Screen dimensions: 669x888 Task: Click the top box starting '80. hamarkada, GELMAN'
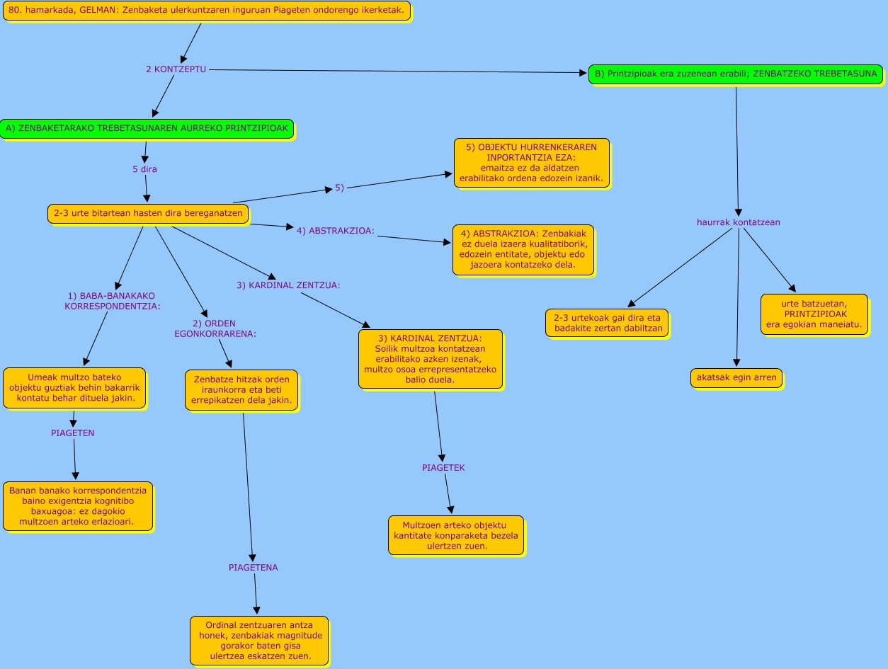point(206,11)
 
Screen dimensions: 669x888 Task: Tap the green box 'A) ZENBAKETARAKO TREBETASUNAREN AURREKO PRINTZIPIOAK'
point(147,129)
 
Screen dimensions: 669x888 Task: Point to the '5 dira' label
point(144,169)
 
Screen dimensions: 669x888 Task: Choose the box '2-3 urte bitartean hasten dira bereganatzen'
point(148,213)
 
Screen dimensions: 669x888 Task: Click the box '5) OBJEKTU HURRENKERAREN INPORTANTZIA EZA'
point(531,163)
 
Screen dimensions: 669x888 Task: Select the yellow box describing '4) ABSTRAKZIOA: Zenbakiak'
point(523,250)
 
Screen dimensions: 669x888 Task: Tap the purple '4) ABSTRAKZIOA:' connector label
point(335,230)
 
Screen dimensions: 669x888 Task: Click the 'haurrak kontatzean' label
point(738,222)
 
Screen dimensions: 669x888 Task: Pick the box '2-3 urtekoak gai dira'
point(607,323)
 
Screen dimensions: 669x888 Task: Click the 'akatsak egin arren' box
point(736,377)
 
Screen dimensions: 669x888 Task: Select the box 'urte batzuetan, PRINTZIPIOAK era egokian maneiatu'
point(814,314)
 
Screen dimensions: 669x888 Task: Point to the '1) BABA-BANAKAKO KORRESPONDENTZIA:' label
point(113,301)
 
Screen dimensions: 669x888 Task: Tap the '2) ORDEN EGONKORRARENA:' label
point(215,328)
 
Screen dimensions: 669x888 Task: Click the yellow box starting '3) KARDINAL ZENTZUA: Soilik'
point(430,359)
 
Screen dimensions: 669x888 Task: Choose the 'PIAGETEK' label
point(443,468)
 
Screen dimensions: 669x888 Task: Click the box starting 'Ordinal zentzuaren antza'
point(258,640)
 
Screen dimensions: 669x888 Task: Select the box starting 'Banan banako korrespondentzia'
point(78,506)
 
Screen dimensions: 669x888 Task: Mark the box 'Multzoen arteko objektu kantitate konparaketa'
point(456,535)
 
